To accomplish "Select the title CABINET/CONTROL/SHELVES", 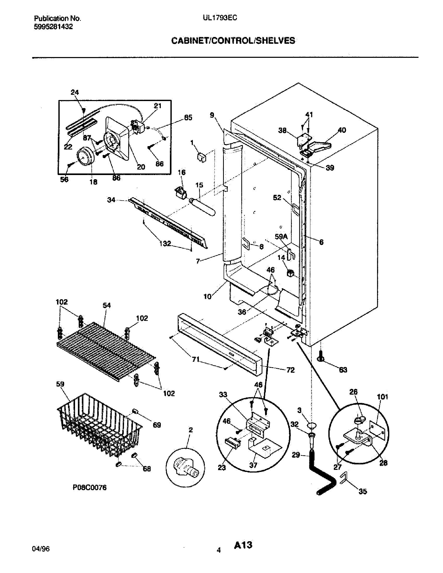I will (x=233, y=41).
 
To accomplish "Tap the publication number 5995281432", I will (x=53, y=27).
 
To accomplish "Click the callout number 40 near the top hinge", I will (x=342, y=130).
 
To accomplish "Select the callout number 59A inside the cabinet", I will (x=281, y=237).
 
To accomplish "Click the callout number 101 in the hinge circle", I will (x=382, y=397).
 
